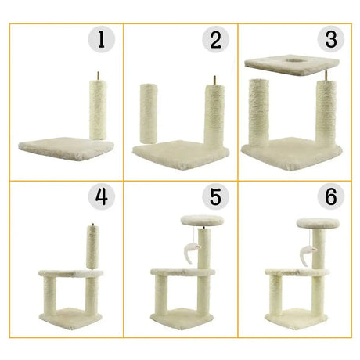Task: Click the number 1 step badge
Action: click(x=101, y=39)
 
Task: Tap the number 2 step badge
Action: click(x=215, y=39)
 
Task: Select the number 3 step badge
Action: click(x=331, y=39)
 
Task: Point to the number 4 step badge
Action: click(x=101, y=196)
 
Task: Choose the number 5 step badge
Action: click(x=215, y=196)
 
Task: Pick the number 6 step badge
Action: click(x=331, y=196)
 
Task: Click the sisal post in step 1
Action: click(x=98, y=110)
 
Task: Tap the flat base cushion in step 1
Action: click(x=67, y=148)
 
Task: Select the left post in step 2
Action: click(x=149, y=113)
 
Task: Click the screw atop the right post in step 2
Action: click(x=215, y=80)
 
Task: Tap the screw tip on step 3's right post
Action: click(x=326, y=71)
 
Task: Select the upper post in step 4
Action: click(x=93, y=247)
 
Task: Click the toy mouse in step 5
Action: click(x=193, y=252)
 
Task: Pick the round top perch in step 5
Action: click(x=202, y=221)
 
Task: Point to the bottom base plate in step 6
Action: click(x=297, y=319)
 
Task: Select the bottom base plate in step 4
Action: click(x=70, y=319)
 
